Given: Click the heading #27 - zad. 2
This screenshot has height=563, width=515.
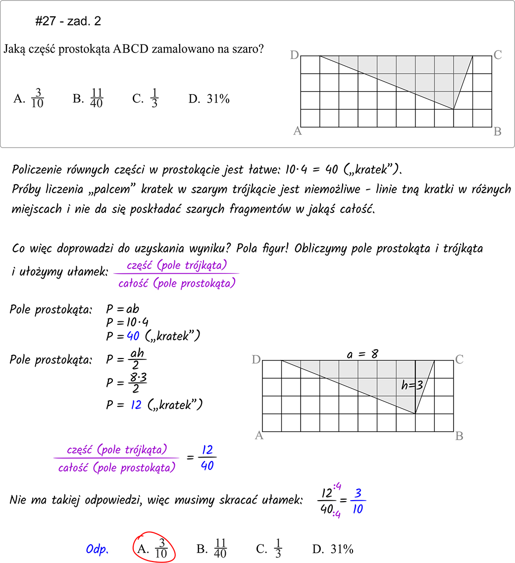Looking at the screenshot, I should tap(68, 21).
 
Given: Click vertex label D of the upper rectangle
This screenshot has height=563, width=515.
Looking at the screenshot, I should tap(294, 55).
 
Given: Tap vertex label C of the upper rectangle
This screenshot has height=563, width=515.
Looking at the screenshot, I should tap(498, 55).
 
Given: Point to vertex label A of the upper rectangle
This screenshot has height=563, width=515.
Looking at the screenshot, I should tap(297, 131).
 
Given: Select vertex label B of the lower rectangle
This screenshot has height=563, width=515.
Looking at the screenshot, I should tap(459, 436).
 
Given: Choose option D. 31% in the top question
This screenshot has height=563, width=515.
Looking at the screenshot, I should tap(209, 99).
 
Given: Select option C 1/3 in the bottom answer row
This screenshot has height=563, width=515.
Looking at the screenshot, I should tap(269, 549).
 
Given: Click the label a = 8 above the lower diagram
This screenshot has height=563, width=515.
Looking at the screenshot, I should tap(362, 354).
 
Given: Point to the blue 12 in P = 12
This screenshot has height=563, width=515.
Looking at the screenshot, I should tap(136, 405).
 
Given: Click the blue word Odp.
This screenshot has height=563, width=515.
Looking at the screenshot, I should tap(97, 550).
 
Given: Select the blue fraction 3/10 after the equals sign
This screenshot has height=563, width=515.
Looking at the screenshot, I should tap(358, 501).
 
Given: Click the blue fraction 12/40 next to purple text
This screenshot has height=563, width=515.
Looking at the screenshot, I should tap(207, 458).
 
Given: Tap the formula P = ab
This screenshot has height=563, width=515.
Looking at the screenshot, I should tap(123, 310).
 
